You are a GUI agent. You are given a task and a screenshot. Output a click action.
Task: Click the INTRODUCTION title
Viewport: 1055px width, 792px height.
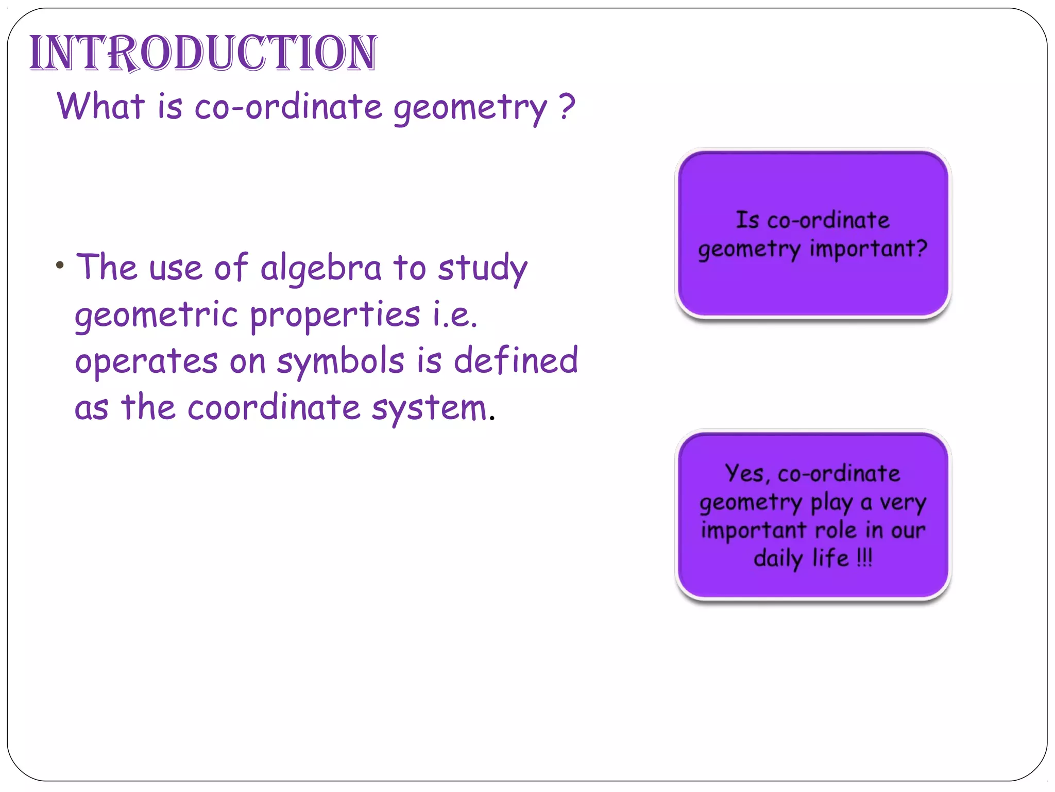pos(203,53)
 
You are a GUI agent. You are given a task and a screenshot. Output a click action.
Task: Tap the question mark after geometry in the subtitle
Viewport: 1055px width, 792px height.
pos(567,106)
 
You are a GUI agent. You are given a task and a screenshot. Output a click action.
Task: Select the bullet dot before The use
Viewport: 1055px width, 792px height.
pos(60,266)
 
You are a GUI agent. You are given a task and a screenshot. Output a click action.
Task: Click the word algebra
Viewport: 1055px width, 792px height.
pos(320,268)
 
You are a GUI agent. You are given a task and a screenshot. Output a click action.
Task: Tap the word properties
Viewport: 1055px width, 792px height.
pos(335,316)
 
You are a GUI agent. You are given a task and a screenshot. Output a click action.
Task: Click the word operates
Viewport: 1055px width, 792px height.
pos(146,361)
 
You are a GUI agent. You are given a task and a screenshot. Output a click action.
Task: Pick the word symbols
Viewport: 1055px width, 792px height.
pos(341,361)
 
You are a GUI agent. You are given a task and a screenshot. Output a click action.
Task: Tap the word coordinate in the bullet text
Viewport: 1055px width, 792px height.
pos(274,407)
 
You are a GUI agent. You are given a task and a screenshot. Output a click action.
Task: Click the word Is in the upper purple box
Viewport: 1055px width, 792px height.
pos(747,220)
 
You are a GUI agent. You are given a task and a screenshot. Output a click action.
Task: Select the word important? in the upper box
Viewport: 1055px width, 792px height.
pos(868,249)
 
